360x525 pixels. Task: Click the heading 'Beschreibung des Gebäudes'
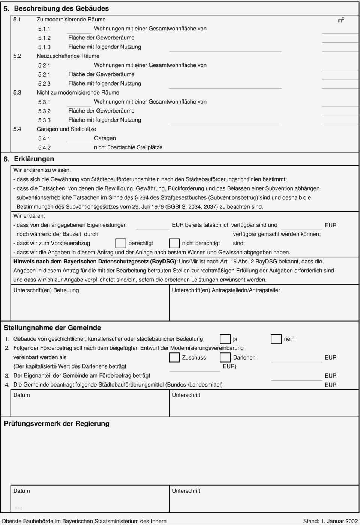coord(61,8)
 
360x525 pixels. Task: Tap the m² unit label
coord(340,20)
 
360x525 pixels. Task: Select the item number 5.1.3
coord(44,47)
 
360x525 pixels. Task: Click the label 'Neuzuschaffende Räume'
coord(68,56)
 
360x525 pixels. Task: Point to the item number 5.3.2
coord(44,111)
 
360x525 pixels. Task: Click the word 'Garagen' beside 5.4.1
coord(105,138)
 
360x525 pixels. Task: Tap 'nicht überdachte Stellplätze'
coord(128,147)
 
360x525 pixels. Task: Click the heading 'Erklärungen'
coord(34,159)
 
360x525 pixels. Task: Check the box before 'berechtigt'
coord(120,243)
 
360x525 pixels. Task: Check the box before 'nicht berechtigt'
coord(174,243)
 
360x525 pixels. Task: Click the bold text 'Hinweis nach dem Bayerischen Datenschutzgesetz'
coord(95,262)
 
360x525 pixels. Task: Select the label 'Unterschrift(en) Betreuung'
coord(46,290)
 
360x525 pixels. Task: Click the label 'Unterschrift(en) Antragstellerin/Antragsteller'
coord(226,290)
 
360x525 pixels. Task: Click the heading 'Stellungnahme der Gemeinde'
coord(52,328)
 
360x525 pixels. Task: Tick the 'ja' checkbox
coord(225,339)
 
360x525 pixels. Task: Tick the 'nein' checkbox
coord(276,339)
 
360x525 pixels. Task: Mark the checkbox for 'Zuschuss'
coord(174,357)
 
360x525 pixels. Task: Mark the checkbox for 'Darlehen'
coord(225,357)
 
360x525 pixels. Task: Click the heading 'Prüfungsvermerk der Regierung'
coord(56,423)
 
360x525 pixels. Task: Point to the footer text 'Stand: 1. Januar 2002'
coord(330,521)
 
